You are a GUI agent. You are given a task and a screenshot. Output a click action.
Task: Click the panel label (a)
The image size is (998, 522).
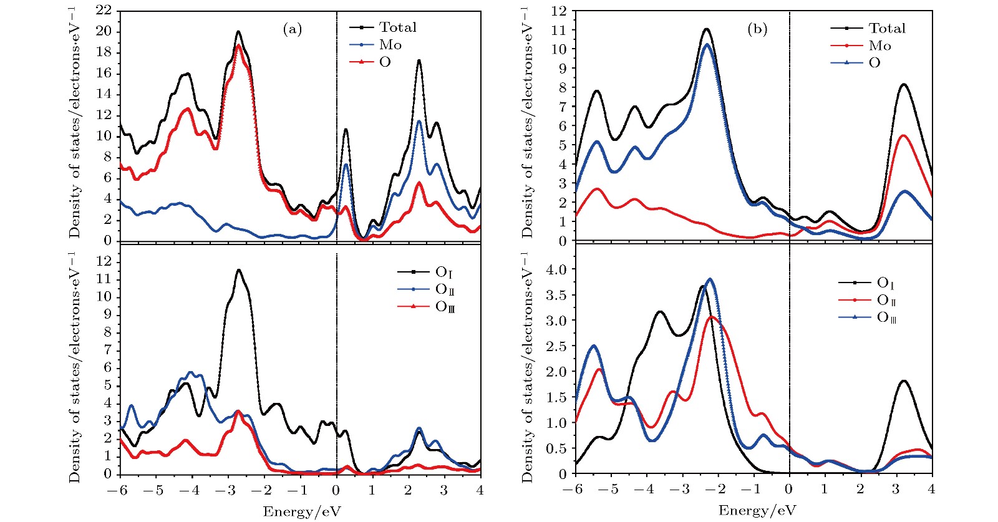(292, 29)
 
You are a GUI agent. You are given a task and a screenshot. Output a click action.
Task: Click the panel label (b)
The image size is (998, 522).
(757, 29)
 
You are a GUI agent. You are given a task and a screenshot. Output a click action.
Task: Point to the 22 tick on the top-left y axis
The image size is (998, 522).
(104, 11)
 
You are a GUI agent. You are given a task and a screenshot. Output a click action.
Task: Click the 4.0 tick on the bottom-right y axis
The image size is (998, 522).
(557, 269)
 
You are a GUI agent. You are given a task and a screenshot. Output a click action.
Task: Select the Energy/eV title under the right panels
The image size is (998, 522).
(757, 511)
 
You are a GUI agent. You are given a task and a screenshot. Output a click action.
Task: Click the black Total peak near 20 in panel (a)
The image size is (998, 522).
(238, 32)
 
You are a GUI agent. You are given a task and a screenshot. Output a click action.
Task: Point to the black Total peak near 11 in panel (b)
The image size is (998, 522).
(706, 29)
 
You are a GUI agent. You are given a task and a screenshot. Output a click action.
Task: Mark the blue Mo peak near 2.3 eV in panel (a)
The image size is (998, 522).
(419, 121)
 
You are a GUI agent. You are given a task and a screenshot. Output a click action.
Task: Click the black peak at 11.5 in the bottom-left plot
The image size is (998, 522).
(238, 270)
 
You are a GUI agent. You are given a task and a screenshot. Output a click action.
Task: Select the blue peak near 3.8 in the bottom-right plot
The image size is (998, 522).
(710, 279)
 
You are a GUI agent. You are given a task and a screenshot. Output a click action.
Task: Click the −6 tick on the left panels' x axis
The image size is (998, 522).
(117, 491)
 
